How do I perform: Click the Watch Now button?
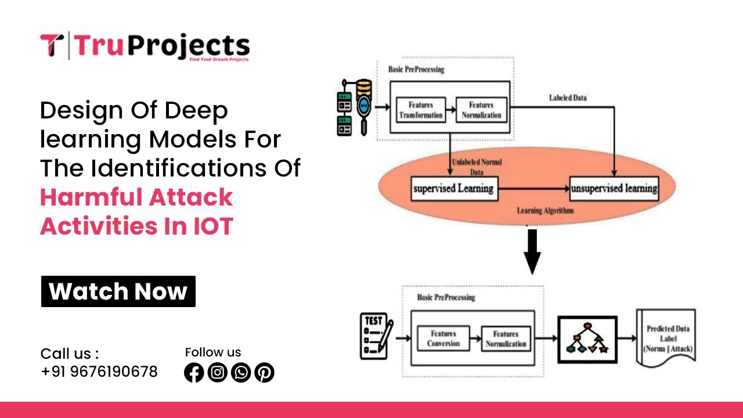coord(118,291)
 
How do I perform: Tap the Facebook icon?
coord(194,373)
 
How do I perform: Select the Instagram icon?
coord(218,373)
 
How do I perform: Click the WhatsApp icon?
coord(241,373)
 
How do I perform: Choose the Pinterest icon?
coord(264,373)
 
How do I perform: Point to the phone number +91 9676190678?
coord(99,372)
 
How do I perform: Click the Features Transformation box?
coord(420,110)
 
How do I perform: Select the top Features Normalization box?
coord(481,110)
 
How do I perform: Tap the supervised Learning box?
coord(454,188)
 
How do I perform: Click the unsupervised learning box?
coord(614,189)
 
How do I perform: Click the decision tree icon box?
coord(587,340)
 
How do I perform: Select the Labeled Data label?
coord(567,98)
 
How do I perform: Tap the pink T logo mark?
coord(52,46)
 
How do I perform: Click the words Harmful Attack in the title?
coord(136,197)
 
